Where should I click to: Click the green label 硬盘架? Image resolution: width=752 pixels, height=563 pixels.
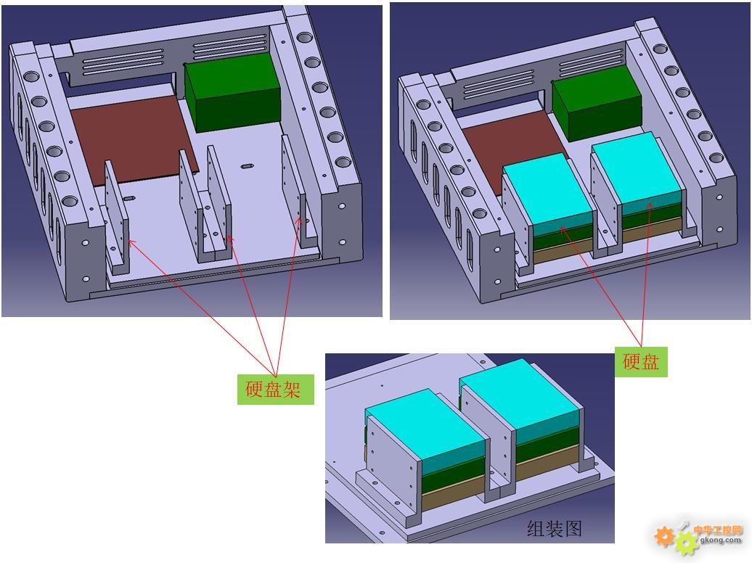tap(275, 389)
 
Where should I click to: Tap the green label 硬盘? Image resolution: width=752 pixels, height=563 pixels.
tap(641, 361)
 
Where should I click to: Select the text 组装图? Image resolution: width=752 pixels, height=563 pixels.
tap(555, 528)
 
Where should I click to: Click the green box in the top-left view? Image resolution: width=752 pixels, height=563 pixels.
tap(233, 94)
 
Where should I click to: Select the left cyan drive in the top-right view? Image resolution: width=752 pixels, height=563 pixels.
tap(547, 192)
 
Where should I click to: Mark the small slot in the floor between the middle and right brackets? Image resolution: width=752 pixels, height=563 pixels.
tap(247, 166)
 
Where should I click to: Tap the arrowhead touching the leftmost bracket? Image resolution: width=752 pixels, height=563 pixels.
tap(131, 242)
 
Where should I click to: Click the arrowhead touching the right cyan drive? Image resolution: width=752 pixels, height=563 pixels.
tap(650, 206)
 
